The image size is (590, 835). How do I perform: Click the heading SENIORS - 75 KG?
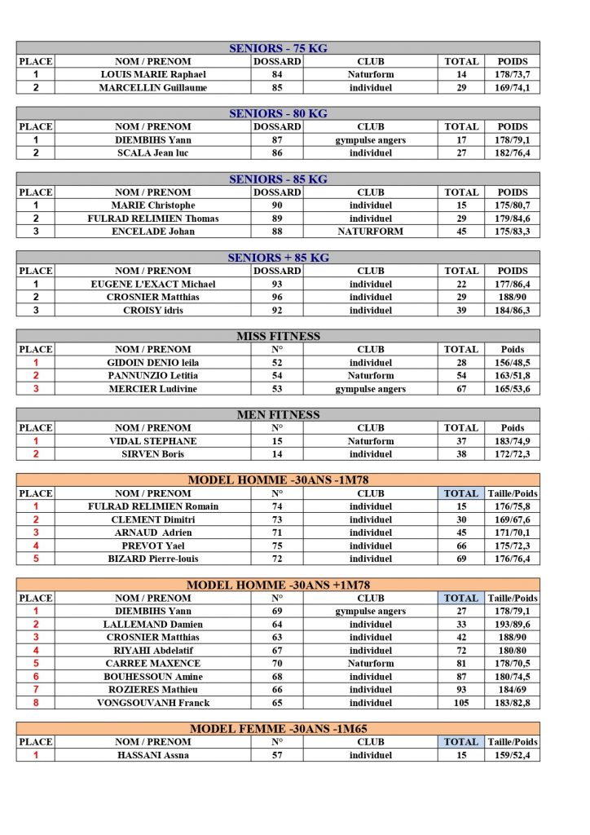(x=278, y=48)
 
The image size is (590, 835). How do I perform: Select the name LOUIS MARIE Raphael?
(x=153, y=74)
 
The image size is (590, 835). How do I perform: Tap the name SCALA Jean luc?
(x=153, y=152)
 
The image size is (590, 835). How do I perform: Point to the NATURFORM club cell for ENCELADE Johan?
(x=370, y=232)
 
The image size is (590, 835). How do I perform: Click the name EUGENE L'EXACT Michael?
(x=153, y=284)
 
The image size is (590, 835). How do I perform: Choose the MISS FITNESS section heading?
(x=278, y=336)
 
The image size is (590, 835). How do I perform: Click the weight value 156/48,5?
(x=513, y=362)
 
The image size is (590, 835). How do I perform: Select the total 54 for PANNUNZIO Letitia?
(x=460, y=375)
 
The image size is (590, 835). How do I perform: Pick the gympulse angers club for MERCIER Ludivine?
(x=370, y=389)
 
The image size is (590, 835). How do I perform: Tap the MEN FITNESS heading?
(x=278, y=414)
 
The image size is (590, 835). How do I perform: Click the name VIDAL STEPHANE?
(x=153, y=441)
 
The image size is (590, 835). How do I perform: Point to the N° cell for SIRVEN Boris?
(x=277, y=454)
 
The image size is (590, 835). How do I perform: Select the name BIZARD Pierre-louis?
(x=153, y=559)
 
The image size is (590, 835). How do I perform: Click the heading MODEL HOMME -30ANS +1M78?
(x=278, y=585)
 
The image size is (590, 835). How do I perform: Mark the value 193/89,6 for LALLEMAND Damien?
(x=513, y=624)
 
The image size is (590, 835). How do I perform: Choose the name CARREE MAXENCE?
(x=153, y=663)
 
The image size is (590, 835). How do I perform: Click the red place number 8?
(x=36, y=702)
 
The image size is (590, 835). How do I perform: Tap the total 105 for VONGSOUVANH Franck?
(x=460, y=702)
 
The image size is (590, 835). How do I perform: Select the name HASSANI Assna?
(x=153, y=755)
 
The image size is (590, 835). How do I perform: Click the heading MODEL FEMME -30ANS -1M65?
(x=278, y=728)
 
